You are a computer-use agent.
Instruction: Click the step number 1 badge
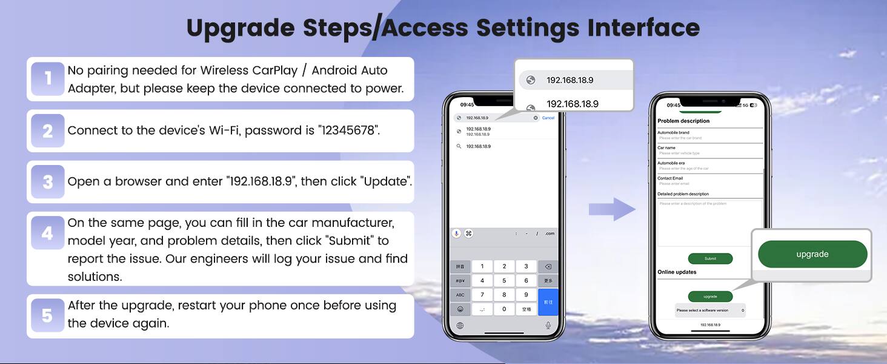(47, 79)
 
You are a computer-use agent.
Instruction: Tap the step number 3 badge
(47, 181)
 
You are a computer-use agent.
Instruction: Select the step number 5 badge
(47, 315)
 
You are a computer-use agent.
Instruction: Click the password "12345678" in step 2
(348, 130)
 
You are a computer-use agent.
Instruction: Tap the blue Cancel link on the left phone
(548, 118)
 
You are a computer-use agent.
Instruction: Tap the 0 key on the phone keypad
(504, 309)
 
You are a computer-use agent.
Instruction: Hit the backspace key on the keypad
(548, 266)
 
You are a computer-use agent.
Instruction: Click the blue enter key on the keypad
(548, 302)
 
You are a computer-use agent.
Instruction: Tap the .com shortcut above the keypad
(549, 234)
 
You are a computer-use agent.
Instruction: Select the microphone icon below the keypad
(548, 326)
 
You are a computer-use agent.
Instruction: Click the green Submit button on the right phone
(710, 258)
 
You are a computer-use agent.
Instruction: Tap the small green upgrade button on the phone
(710, 297)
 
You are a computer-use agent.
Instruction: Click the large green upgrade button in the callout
(812, 254)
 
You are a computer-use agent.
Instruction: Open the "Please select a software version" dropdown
(710, 310)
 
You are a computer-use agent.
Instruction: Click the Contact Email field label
(670, 178)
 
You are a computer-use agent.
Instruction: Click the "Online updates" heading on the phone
(677, 272)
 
